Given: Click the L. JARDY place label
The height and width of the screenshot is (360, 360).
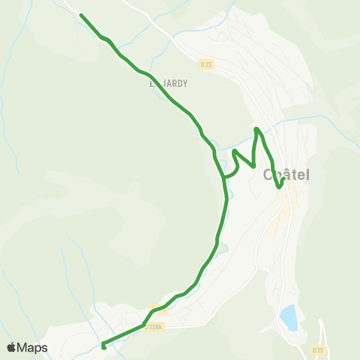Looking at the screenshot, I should (x=168, y=84).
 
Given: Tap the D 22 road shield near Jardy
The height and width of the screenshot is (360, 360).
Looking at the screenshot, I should (x=207, y=64).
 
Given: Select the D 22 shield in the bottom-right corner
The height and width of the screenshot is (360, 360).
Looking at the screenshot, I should (x=318, y=350).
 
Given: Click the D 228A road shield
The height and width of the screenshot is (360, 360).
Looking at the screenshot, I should (x=154, y=325).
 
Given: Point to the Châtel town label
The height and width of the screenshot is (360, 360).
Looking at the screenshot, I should (x=287, y=175).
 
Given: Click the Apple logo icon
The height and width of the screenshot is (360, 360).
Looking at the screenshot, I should (x=12, y=347).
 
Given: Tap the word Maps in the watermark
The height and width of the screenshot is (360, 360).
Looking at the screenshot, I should (x=33, y=347).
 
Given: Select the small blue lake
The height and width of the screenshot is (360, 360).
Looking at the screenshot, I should (x=288, y=318).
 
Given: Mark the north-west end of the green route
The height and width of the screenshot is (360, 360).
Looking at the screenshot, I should (x=81, y=15).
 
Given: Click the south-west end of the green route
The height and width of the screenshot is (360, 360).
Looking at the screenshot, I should (x=103, y=346).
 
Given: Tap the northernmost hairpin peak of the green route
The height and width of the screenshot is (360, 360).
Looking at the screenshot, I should (x=257, y=130).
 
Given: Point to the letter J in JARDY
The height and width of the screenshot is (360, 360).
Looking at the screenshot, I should (x=163, y=84).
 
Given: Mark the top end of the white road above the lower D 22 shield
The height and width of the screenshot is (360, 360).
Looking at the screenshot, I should (x=320, y=320).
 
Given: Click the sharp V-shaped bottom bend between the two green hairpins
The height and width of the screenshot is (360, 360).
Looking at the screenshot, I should (x=253, y=165).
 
